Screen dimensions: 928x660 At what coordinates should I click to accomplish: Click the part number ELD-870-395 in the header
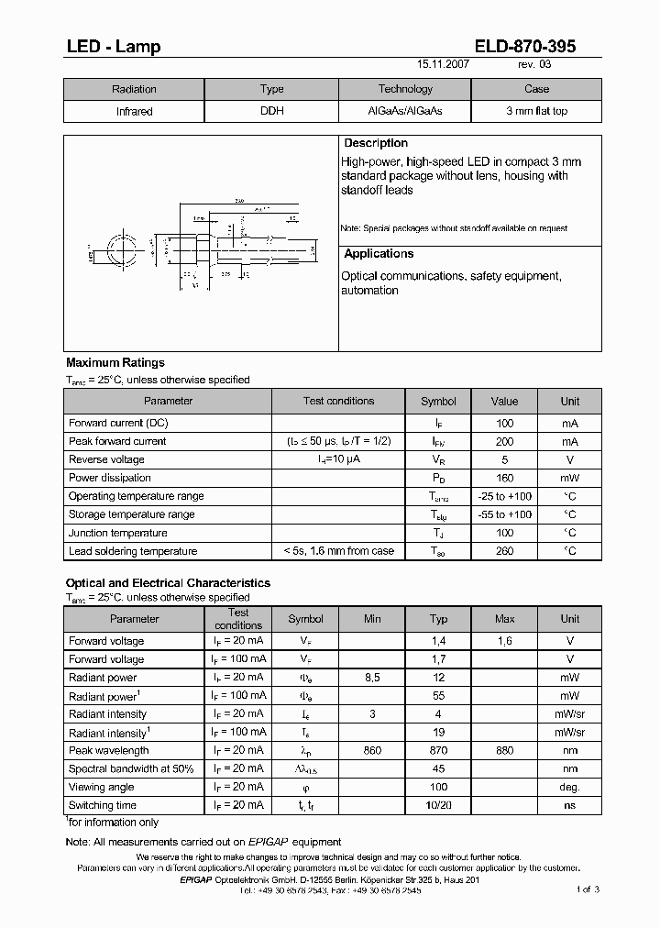(x=525, y=47)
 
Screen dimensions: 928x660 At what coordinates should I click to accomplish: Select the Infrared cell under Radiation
(x=134, y=111)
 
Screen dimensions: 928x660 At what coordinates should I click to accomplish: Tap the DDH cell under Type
(x=272, y=111)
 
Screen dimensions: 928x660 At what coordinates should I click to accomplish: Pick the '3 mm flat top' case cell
(x=536, y=111)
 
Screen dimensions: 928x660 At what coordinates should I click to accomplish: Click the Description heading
(x=376, y=143)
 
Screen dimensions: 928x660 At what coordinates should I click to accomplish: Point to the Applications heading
(x=379, y=254)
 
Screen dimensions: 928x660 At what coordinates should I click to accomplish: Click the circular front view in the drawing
(x=120, y=249)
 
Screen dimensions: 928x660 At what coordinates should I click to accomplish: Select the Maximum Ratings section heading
(x=115, y=363)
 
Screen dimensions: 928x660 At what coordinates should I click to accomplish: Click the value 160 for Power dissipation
(x=504, y=478)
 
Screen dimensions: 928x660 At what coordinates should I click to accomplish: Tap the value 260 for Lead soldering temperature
(x=504, y=551)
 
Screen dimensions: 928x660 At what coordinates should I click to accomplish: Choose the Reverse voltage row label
(x=106, y=459)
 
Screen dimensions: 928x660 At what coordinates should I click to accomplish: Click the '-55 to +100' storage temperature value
(x=504, y=514)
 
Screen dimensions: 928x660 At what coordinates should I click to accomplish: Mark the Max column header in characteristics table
(x=504, y=619)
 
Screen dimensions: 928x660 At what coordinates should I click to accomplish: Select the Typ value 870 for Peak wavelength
(x=438, y=751)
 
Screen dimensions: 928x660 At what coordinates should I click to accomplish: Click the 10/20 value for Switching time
(x=438, y=805)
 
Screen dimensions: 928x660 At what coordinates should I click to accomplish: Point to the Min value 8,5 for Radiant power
(x=372, y=678)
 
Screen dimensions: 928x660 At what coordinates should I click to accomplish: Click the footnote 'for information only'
(x=114, y=823)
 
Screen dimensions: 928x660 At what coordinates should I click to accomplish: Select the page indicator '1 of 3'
(x=588, y=889)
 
